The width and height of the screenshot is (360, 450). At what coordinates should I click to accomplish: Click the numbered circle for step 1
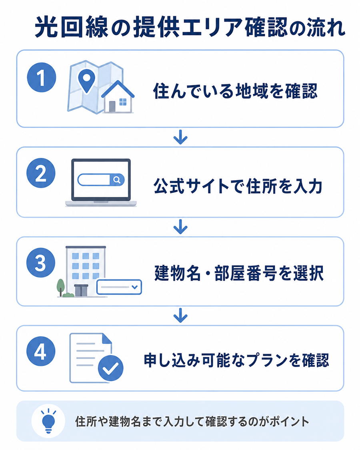tap(42, 78)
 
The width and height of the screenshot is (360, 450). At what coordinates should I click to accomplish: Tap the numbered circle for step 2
tap(41, 173)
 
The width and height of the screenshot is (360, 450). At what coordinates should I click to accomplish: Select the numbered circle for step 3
tap(41, 263)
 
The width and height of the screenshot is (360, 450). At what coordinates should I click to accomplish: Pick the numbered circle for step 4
tap(41, 351)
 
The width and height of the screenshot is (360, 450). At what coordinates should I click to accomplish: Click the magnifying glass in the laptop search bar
tap(117, 180)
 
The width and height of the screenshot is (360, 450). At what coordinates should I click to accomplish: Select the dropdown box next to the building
tap(119, 287)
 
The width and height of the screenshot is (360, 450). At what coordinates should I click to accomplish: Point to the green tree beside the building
tap(60, 287)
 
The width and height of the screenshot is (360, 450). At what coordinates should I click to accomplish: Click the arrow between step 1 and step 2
tap(180, 137)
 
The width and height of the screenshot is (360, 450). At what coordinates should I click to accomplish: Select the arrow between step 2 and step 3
tap(180, 227)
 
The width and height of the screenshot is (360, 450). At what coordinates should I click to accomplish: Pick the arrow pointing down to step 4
tap(180, 315)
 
